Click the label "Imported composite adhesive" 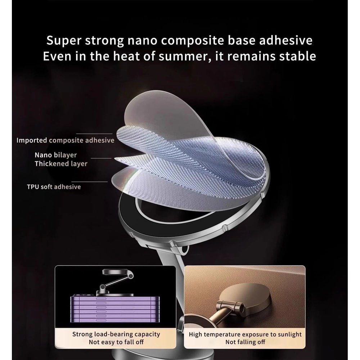65,140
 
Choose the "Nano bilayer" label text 55,155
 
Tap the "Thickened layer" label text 61,164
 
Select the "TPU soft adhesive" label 54,187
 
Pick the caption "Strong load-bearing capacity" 116,334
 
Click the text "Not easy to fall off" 116,342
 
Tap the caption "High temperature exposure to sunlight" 245,334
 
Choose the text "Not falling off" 245,342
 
